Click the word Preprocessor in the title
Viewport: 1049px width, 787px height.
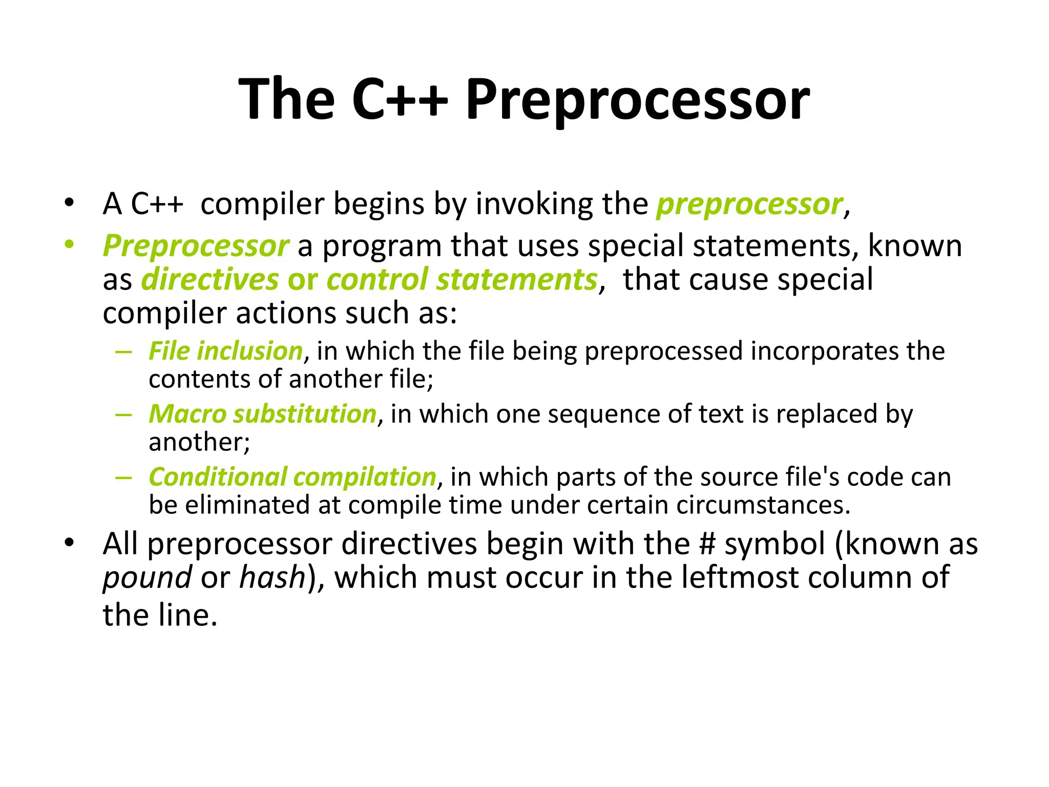point(637,100)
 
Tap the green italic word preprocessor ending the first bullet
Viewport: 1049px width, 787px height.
point(749,204)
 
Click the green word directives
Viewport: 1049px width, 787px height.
point(210,280)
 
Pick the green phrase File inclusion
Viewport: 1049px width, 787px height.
point(226,351)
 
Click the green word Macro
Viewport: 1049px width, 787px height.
point(187,414)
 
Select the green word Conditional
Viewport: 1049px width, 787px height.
point(217,477)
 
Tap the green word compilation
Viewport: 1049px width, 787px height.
point(365,477)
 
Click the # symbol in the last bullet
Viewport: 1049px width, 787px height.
point(707,544)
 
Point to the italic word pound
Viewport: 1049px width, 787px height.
point(148,578)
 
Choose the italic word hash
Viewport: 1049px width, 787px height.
point(272,577)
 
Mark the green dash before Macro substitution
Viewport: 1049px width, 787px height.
point(124,414)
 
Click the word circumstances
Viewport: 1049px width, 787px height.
point(763,505)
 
